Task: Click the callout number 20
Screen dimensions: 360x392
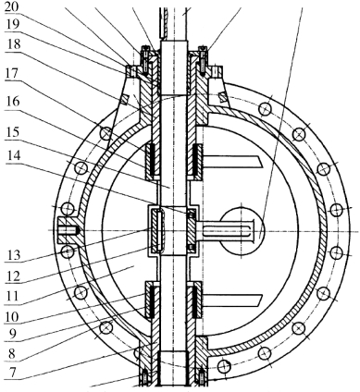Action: pos(12,7)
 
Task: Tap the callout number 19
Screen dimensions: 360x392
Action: pos(12,25)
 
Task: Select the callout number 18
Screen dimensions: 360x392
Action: pos(12,44)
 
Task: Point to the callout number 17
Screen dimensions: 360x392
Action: pos(12,74)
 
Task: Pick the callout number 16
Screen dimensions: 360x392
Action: pos(12,101)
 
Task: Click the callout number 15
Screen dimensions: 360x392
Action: pos(12,132)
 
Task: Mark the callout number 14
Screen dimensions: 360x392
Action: pos(12,155)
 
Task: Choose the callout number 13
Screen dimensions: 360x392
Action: pos(12,255)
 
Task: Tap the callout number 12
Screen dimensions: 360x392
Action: pos(12,276)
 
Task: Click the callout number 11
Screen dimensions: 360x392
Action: pos(12,297)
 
